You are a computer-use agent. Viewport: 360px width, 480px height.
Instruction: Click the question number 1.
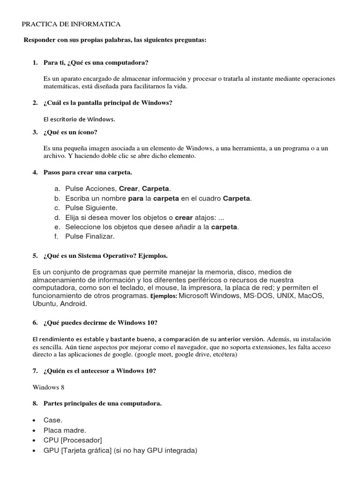(x=35, y=62)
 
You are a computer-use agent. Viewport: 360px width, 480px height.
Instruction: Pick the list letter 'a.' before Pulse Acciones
(x=57, y=188)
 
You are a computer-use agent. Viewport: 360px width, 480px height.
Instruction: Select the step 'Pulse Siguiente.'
(x=91, y=208)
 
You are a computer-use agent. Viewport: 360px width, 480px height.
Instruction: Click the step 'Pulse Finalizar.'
(x=90, y=237)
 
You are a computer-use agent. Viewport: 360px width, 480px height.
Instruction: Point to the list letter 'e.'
(x=57, y=227)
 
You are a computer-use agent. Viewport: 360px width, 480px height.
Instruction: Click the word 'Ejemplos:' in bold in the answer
(x=164, y=297)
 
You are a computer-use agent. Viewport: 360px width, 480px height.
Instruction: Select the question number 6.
(x=35, y=323)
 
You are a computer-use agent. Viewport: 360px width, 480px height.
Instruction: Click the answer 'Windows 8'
(x=48, y=387)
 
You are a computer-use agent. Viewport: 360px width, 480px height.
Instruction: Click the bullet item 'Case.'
(x=53, y=420)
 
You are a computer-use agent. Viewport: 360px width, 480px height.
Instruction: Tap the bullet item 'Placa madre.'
(x=65, y=430)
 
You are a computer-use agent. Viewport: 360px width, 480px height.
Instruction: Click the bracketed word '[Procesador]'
(x=81, y=440)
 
